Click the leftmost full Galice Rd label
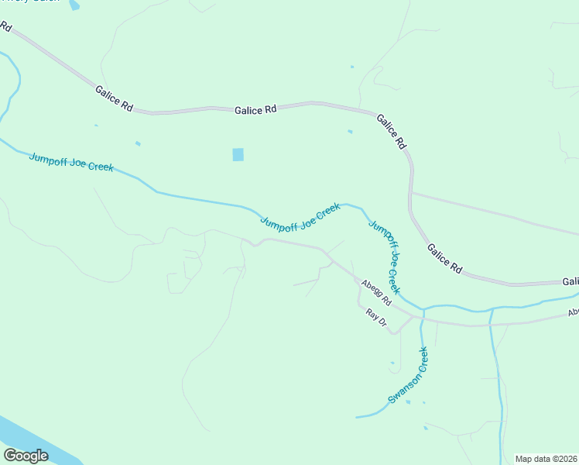click(x=114, y=99)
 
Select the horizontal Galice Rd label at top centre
click(x=255, y=111)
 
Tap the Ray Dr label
click(x=375, y=317)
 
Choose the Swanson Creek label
click(x=408, y=375)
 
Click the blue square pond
click(x=238, y=154)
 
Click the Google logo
click(x=26, y=456)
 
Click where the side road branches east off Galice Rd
click(x=413, y=192)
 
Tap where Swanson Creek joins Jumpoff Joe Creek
click(x=423, y=309)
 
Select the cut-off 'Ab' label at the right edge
click(x=573, y=313)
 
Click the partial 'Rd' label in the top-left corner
click(x=5, y=27)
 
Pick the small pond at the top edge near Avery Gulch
click(x=74, y=5)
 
